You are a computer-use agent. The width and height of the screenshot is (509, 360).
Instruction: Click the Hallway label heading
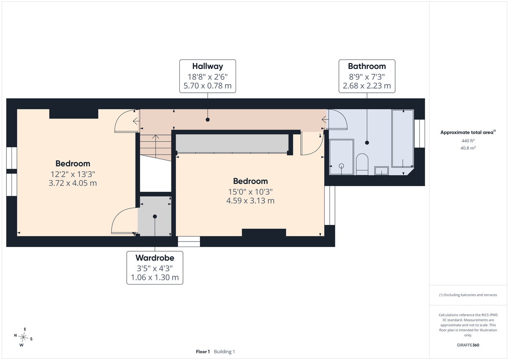coord(207,66)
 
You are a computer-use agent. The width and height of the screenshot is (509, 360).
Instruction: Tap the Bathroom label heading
coord(367,66)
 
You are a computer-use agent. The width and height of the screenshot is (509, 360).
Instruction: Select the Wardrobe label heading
coord(155,258)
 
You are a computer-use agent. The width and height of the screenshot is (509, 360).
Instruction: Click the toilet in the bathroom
coord(362,164)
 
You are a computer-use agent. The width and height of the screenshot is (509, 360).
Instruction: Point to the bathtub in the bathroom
coord(403,139)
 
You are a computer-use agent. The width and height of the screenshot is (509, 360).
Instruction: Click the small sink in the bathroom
coord(381,171)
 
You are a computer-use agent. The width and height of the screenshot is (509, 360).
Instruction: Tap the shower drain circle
coord(341,166)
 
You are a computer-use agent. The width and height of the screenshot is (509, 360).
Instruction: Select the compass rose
coord(23,337)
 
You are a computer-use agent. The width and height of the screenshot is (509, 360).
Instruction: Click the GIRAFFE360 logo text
coord(468,345)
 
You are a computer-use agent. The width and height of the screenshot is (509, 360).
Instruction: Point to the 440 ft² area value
coord(468,141)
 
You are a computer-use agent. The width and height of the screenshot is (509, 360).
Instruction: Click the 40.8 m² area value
coord(468,148)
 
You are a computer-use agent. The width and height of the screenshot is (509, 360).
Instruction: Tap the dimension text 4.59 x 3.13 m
coord(250,201)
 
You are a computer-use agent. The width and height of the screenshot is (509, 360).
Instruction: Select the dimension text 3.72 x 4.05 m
coord(73,183)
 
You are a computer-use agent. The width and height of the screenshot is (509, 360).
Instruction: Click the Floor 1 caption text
coord(203,352)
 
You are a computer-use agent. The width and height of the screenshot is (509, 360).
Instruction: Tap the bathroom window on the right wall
coord(419,134)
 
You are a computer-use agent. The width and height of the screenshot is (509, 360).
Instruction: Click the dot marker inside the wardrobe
coord(155,216)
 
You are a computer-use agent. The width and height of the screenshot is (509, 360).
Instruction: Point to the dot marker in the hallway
coord(207,120)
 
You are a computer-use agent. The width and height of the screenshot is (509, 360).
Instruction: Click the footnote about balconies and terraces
coord(468,295)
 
